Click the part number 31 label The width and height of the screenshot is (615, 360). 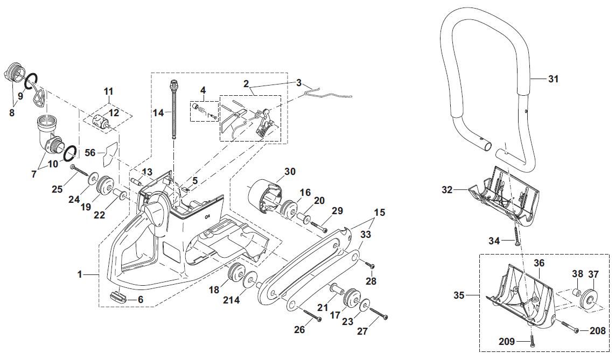point(553,79)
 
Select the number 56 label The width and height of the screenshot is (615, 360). point(90,153)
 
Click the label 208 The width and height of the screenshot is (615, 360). point(597,331)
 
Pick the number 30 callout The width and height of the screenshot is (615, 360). point(290,172)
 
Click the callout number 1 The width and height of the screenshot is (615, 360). point(80,274)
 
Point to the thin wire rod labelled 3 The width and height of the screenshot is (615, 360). point(329,95)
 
